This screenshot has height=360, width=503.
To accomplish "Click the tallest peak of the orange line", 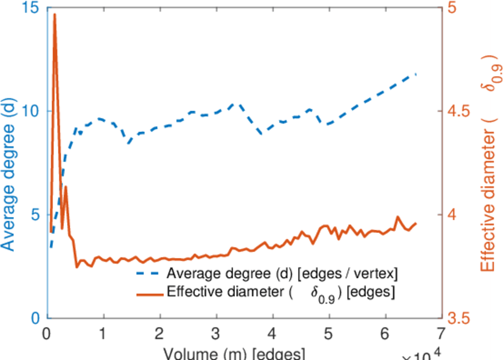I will (x=55, y=14).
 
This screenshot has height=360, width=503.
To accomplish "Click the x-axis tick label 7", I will (x=442, y=334).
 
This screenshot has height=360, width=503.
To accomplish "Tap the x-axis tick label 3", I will (x=216, y=334).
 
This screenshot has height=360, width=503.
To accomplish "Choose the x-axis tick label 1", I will (x=103, y=334).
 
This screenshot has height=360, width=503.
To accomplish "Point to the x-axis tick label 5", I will (x=329, y=334).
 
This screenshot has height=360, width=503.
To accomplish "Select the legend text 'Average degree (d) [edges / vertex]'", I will (x=282, y=274).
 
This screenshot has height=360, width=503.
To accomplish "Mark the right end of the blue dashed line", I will (x=416, y=74).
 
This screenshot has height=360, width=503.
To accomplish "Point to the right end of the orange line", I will (x=416, y=223).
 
